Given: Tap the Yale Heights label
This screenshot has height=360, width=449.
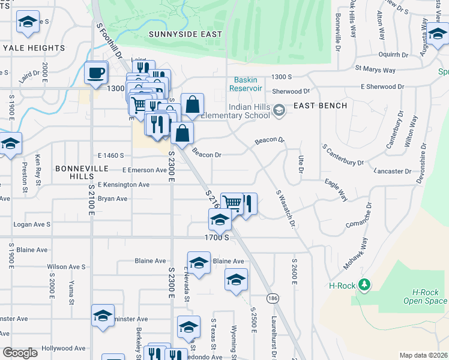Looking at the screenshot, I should [34, 48].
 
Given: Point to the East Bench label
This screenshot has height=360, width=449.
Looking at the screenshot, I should [321, 106].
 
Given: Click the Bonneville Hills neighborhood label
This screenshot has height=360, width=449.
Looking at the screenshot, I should [81, 169].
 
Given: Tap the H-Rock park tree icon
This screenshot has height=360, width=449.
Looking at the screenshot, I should [363, 284].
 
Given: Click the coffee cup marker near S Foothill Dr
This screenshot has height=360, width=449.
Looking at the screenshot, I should [96, 74].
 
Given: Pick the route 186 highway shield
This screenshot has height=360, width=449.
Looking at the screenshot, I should [273, 298].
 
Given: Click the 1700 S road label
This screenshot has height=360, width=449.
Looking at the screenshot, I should [217, 238].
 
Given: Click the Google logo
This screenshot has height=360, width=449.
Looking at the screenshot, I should [20, 353].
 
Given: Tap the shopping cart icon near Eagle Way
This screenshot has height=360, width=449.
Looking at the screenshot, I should [232, 203].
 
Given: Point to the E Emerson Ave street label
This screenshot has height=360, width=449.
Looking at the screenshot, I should [144, 170].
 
